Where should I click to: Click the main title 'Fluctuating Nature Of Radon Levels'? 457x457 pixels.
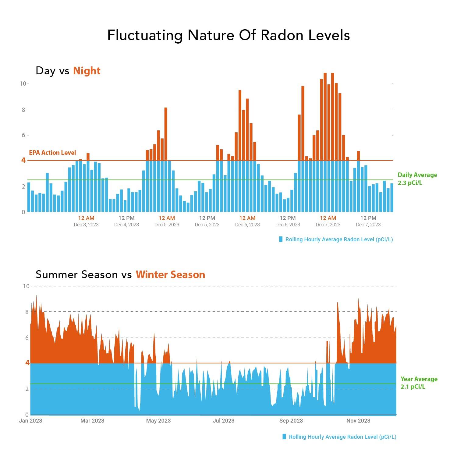coord(228,35)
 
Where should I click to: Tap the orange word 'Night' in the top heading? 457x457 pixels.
coord(87,71)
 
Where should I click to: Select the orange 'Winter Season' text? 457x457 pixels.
coord(170,275)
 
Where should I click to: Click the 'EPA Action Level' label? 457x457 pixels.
coord(52,153)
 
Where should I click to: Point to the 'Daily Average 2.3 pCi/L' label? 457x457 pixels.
coord(417,179)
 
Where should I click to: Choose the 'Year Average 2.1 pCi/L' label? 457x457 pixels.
coord(419,383)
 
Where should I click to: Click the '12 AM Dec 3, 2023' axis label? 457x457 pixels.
coord(86,221)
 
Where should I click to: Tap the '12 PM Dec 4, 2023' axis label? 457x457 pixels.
coord(126,221)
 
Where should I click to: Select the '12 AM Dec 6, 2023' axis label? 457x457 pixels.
coord(247,221)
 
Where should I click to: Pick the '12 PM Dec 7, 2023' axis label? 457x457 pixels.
coord(368,221)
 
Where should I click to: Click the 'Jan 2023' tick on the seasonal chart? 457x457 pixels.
coord(30,421)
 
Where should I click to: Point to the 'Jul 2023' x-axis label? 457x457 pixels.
coord(224,421)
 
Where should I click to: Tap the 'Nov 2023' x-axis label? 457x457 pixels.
coord(358,421)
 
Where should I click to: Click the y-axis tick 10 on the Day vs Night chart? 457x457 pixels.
coord(23,83)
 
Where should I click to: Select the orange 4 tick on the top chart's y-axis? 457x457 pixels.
coord(23,160)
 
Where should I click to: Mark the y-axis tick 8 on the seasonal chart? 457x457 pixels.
coord(27,312)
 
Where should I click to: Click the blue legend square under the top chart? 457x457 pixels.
coord(281,239)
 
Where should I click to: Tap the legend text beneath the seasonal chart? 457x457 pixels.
coord(342,437)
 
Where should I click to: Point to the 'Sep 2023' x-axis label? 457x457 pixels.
coord(291,421)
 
